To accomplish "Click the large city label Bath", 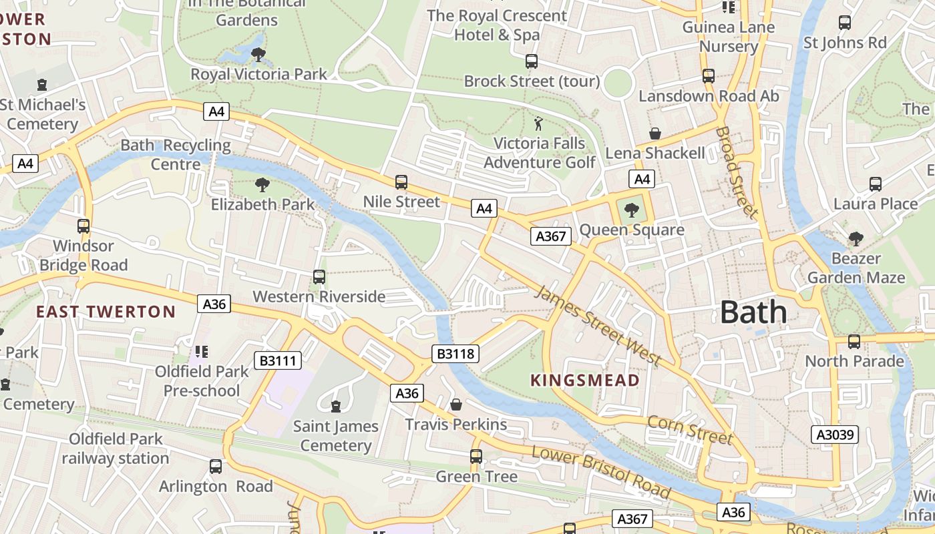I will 754,312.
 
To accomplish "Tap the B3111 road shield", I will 278,361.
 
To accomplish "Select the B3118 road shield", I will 456,354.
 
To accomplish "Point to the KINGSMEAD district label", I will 585,380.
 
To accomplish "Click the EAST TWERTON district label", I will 106,312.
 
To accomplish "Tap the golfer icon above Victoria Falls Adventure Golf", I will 538,123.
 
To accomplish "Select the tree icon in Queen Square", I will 630,211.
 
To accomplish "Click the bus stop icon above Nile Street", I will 401,182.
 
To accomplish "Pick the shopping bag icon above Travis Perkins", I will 456,405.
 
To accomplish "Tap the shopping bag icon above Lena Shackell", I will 655,134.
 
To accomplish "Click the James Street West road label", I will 598,326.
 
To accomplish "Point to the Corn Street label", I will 690,430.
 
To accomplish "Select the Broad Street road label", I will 737,172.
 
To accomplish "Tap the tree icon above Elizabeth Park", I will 262,185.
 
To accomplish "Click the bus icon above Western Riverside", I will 319,277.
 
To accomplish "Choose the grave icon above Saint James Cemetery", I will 336,406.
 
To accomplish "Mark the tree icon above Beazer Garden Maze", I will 856,238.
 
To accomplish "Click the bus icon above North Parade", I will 854,342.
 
